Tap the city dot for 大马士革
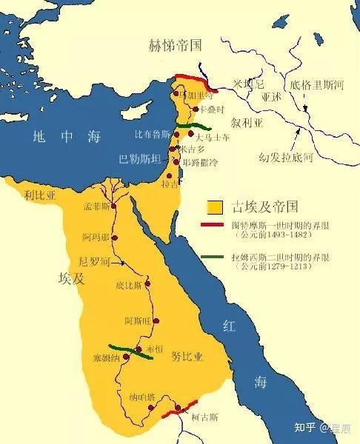coord(190,134)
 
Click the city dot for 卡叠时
coord(194,108)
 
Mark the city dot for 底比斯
coord(147,283)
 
